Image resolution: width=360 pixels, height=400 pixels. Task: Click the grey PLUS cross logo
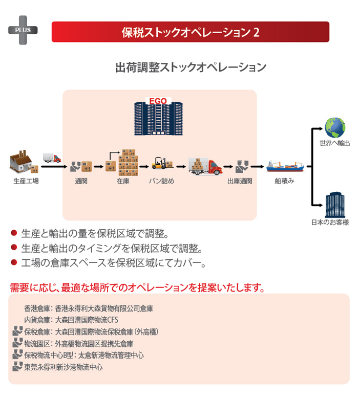pyautogui.click(x=23, y=30)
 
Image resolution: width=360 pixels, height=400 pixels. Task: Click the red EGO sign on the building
pyautogui.click(x=158, y=101)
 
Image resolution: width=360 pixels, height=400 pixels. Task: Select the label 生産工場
pyautogui.click(x=26, y=181)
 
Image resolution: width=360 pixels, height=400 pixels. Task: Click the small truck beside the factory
pyautogui.click(x=52, y=158)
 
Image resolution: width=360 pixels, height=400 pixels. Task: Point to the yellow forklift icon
pyautogui.click(x=162, y=163)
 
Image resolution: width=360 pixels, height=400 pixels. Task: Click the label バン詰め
pyautogui.click(x=162, y=181)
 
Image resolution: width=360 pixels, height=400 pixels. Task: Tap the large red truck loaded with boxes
pyautogui.click(x=205, y=166)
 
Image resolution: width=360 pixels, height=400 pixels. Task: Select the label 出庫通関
pyautogui.click(x=240, y=181)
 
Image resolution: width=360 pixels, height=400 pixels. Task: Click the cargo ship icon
pyautogui.click(x=285, y=166)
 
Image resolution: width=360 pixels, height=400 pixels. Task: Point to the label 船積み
pyautogui.click(x=284, y=181)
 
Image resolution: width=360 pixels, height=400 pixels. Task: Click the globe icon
pyautogui.click(x=335, y=128)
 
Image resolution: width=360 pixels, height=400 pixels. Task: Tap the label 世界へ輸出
pyautogui.click(x=335, y=143)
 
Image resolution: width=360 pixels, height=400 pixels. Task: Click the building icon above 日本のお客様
pyautogui.click(x=335, y=205)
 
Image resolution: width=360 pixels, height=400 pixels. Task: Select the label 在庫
pyautogui.click(x=123, y=181)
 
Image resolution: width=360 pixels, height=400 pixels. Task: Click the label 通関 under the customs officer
pyautogui.click(x=81, y=181)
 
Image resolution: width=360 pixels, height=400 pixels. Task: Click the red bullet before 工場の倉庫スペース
pyautogui.click(x=14, y=262)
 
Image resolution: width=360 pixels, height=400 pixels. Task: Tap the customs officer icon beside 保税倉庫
pyautogui.click(x=17, y=331)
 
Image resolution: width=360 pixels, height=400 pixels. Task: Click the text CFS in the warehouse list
pyautogui.click(x=113, y=320)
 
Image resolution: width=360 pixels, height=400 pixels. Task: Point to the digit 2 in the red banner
pyautogui.click(x=257, y=32)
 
